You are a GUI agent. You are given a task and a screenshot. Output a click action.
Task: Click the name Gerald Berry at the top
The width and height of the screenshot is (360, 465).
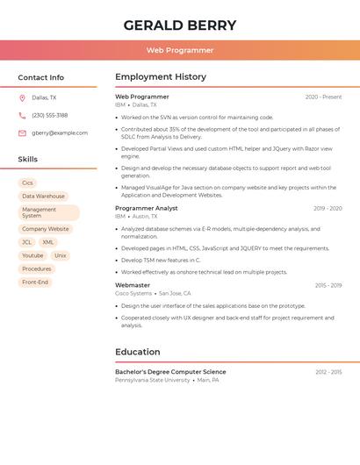click(x=180, y=25)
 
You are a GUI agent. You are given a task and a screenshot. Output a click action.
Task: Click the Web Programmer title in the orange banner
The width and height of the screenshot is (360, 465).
click(x=180, y=50)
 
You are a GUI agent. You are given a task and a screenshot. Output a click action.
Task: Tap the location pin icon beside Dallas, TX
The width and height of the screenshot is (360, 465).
click(x=22, y=98)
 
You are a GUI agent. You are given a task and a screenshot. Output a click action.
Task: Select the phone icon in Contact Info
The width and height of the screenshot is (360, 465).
click(x=22, y=115)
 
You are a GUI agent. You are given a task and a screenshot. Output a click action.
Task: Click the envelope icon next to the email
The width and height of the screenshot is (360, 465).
click(x=22, y=133)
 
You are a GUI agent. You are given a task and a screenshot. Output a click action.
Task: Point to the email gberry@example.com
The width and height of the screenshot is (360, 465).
click(x=60, y=133)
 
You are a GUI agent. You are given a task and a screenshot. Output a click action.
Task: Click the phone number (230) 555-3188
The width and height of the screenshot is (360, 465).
click(x=50, y=115)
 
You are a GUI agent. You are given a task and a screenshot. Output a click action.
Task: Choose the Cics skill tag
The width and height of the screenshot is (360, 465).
click(x=27, y=183)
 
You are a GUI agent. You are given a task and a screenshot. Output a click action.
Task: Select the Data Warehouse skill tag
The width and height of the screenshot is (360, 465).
click(x=43, y=197)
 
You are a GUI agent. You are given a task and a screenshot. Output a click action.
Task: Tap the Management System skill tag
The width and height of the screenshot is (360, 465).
click(x=48, y=213)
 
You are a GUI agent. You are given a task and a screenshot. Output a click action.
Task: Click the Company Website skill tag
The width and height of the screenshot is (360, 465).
click(x=45, y=229)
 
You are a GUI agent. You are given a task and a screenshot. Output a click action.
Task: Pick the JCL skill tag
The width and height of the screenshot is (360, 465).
click(x=26, y=242)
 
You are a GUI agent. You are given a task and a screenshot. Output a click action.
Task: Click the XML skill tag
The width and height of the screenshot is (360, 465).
click(x=48, y=242)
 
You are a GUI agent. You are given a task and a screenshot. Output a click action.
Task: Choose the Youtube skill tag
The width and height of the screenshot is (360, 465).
click(x=32, y=255)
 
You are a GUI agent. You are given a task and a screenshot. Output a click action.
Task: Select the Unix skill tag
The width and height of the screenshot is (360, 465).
click(x=61, y=255)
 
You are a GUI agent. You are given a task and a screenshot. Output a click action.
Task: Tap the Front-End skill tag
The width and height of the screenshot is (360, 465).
click(x=35, y=283)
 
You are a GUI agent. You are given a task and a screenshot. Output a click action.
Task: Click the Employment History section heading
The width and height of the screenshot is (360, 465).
click(x=161, y=77)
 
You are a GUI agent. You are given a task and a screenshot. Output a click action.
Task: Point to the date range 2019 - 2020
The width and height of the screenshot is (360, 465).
click(x=328, y=209)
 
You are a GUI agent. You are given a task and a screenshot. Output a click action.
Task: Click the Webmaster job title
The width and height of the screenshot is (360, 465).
click(x=133, y=285)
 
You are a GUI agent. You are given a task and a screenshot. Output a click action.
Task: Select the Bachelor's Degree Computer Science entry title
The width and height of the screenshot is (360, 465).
click(x=170, y=372)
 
